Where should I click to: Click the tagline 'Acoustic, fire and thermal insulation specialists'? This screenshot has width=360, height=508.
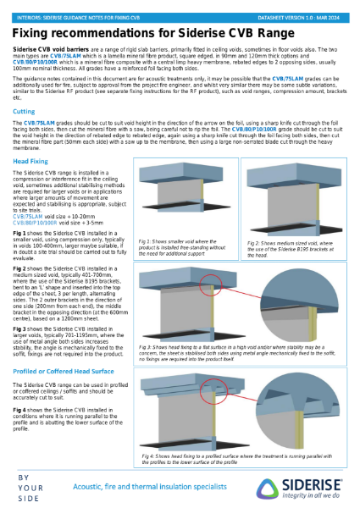point(139,486)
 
